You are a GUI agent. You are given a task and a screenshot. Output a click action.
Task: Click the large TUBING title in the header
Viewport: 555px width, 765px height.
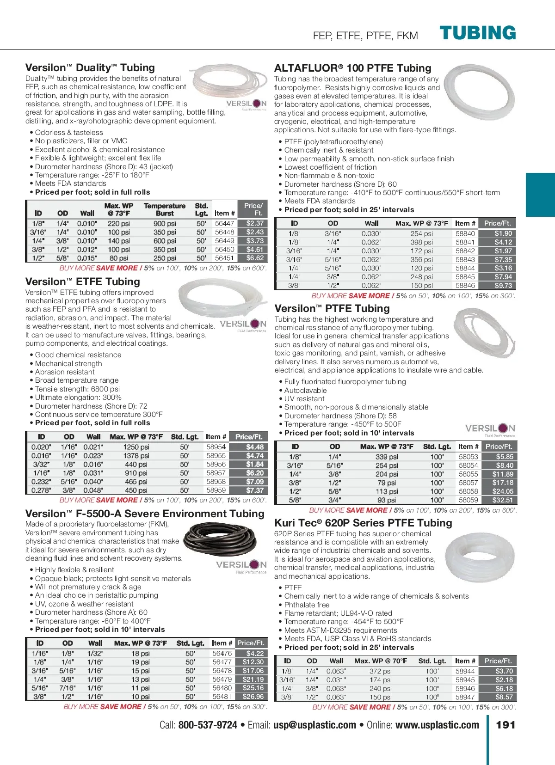(477, 33)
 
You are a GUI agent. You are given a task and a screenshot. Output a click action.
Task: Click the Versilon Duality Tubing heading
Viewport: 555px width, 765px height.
(90, 67)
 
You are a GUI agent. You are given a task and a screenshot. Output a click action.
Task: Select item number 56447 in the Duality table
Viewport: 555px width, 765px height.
(224, 223)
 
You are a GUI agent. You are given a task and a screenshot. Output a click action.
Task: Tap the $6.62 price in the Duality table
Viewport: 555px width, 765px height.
(255, 258)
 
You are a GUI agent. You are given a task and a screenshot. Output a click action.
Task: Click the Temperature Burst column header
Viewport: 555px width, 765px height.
(165, 209)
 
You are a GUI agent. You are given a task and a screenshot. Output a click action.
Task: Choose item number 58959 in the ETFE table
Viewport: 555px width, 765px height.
(216, 490)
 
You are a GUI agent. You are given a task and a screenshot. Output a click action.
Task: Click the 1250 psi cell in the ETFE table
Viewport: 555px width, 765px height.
(136, 447)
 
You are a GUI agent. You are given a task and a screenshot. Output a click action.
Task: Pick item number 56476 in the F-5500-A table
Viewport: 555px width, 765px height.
(222, 653)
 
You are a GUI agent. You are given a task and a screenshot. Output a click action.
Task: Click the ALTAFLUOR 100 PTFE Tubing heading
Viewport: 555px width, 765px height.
(352, 68)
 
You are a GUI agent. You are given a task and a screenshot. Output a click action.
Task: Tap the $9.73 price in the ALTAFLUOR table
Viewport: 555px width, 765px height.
(503, 286)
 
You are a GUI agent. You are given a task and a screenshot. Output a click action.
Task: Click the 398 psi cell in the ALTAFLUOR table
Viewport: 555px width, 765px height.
(421, 242)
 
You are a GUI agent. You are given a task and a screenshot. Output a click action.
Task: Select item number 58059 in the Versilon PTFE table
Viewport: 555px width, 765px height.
(468, 500)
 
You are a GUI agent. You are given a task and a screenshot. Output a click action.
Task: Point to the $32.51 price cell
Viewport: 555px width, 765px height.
(502, 500)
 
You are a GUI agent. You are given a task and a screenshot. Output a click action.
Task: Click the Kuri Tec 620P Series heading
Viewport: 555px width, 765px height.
(363, 523)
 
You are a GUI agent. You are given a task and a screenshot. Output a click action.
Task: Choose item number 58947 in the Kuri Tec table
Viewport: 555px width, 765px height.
(465, 697)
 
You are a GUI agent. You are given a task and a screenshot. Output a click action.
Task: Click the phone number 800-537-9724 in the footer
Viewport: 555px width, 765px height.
(208, 725)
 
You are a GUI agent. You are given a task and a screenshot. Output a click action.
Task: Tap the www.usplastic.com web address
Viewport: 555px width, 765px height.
(437, 725)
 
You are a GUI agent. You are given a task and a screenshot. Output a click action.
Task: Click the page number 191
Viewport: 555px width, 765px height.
(506, 725)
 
